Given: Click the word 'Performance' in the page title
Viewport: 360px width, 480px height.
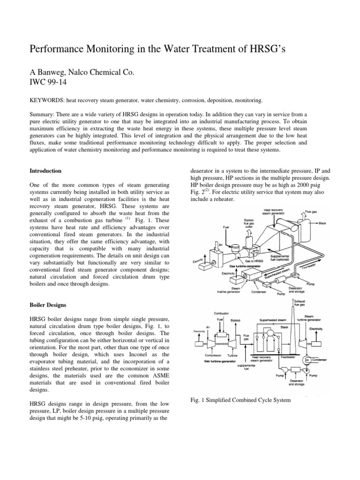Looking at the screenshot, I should pyautogui.click(x=53, y=49).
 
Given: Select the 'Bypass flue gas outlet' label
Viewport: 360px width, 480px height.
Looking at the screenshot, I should pyautogui.click(x=248, y=223).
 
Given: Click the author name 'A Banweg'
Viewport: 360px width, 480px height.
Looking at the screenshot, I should pyautogui.click(x=48, y=72).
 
